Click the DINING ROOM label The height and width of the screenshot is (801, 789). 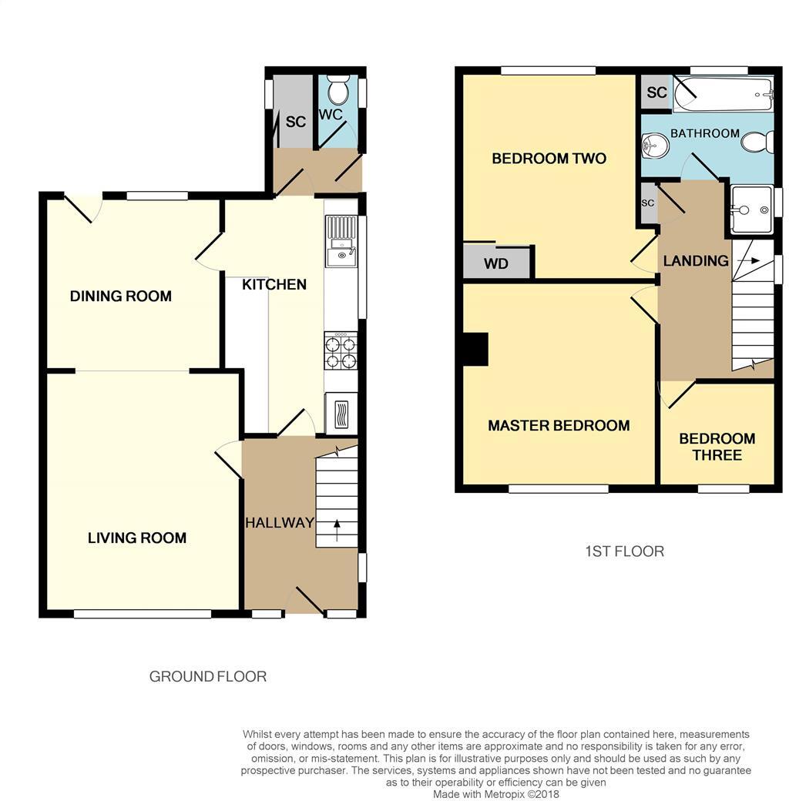tap(121, 297)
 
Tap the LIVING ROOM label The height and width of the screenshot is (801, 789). tap(137, 538)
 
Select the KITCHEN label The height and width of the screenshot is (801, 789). tap(274, 285)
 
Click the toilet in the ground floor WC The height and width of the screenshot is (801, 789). tap(337, 92)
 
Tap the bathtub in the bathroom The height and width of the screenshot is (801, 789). tap(722, 95)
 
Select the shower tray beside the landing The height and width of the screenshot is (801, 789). tap(750, 209)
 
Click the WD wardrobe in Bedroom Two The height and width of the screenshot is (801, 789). tap(497, 263)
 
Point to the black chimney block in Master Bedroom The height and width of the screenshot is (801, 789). tap(475, 349)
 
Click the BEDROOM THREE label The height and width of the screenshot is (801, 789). tap(717, 447)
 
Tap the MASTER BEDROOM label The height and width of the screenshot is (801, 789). tap(559, 426)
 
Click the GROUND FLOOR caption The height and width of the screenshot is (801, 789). tap(208, 677)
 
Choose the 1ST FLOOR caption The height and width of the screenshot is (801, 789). tap(624, 551)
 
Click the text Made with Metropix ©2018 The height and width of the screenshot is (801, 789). tap(496, 794)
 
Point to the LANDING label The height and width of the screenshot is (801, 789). tap(696, 261)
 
